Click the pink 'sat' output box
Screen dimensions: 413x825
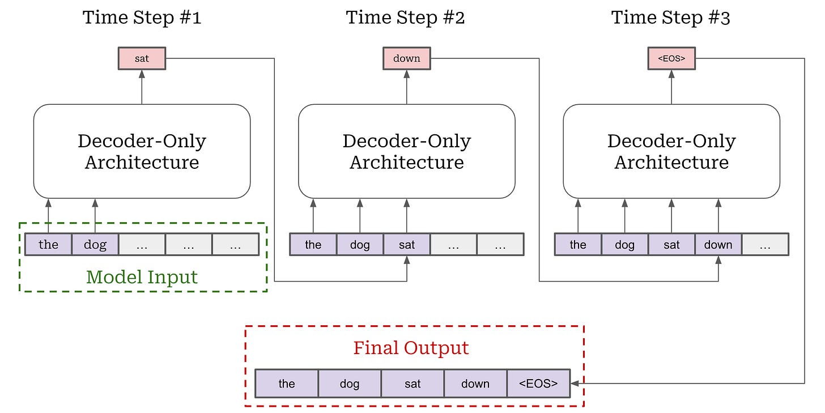(x=142, y=58)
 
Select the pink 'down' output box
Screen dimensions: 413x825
(x=406, y=58)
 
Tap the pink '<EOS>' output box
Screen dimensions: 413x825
(x=671, y=58)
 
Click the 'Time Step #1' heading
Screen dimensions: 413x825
(x=142, y=18)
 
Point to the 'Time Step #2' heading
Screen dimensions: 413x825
(x=406, y=18)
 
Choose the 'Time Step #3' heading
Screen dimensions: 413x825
(x=671, y=18)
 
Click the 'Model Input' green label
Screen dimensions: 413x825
(x=142, y=277)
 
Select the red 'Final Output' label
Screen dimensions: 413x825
(x=411, y=347)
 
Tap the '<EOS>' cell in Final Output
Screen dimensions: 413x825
(x=538, y=384)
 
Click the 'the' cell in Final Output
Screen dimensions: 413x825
(x=287, y=384)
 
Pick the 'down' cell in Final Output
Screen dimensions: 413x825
(x=475, y=384)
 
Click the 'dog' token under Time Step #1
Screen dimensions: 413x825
(x=95, y=245)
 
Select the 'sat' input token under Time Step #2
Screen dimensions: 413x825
(x=407, y=245)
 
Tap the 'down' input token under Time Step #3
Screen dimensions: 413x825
(x=718, y=245)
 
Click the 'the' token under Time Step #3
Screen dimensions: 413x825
(x=578, y=245)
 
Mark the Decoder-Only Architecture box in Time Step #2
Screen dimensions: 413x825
(x=406, y=151)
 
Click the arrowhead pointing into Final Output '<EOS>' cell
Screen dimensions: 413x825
(x=575, y=384)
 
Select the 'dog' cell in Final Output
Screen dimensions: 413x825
(x=350, y=384)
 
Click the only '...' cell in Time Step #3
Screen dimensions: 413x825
(x=765, y=245)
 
